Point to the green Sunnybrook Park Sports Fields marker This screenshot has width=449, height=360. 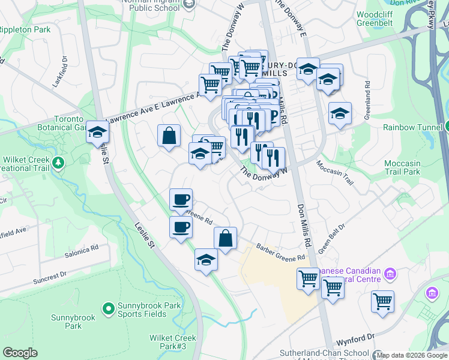tap(108, 309)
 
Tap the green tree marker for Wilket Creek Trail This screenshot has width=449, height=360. tap(58, 162)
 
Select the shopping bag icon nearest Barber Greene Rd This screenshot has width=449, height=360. tap(225, 239)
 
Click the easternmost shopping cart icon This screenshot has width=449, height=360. tap(382, 302)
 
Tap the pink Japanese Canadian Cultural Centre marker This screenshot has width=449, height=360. tap(391, 274)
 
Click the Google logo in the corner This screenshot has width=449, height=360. tap(20, 352)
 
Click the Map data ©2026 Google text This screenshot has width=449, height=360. tap(412, 355)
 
